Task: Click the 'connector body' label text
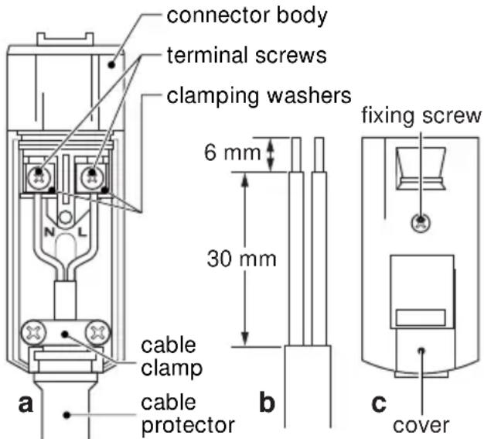pos(247,15)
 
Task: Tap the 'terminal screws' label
pos(247,55)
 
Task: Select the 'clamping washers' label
pos(259,96)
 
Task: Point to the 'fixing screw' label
pos(421,115)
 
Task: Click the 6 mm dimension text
pos(233,153)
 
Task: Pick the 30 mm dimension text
pos(241,259)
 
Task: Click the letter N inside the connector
pos(49,232)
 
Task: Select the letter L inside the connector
pos(83,232)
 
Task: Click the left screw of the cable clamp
pos(34,333)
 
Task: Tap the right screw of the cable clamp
pos(97,333)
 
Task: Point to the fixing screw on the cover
pos(421,222)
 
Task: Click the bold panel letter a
pos(26,403)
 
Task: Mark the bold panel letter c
pos(379,403)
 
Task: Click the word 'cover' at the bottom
pos(421,425)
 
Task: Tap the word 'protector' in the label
pos(188,425)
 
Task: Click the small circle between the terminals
pos(65,218)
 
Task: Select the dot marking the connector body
pos(112,65)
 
